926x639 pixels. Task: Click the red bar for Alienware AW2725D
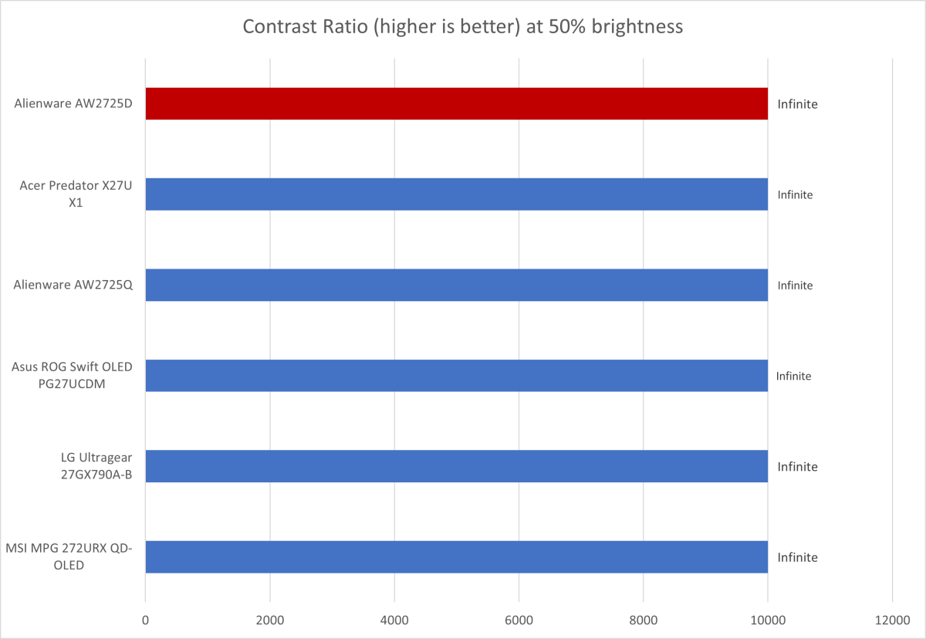pyautogui.click(x=456, y=103)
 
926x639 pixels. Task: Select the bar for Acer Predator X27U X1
pyautogui.click(x=456, y=194)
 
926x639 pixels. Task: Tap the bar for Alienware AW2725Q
pyautogui.click(x=456, y=285)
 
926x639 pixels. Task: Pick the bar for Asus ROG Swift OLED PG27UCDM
pyautogui.click(x=456, y=376)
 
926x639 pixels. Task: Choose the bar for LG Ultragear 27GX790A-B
pyautogui.click(x=456, y=466)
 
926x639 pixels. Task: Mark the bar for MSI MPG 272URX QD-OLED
pyautogui.click(x=456, y=557)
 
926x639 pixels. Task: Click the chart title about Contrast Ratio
pyautogui.click(x=463, y=26)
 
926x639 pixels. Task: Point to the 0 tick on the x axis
pyautogui.click(x=145, y=619)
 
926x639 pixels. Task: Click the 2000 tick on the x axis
pyautogui.click(x=269, y=619)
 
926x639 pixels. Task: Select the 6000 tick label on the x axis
pyautogui.click(x=519, y=619)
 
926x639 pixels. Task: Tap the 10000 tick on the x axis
pyautogui.click(x=767, y=619)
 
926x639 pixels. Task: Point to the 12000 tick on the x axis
pyautogui.click(x=892, y=619)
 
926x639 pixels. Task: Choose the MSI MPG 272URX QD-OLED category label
pyautogui.click(x=69, y=557)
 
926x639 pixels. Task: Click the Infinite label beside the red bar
pyautogui.click(x=797, y=103)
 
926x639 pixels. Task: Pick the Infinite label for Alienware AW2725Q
pyautogui.click(x=795, y=286)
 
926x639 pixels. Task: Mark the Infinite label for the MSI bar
pyautogui.click(x=797, y=557)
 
